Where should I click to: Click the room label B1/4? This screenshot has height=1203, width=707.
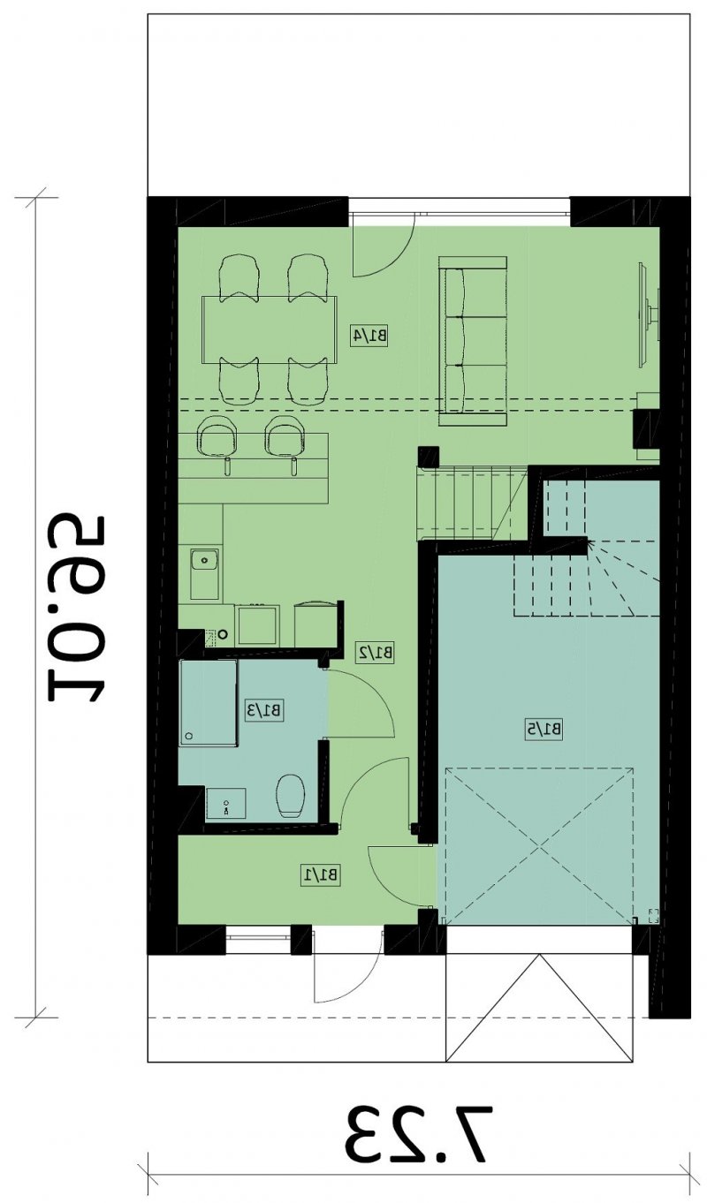[x=369, y=336]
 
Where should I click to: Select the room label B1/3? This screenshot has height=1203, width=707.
[x=264, y=710]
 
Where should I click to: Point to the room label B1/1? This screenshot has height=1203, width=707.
[x=321, y=874]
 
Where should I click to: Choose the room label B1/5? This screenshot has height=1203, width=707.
[x=544, y=730]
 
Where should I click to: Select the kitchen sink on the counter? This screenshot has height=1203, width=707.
[x=204, y=573]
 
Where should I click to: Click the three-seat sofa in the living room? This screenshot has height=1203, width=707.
[x=473, y=341]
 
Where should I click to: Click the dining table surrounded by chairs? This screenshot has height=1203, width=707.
[x=270, y=329]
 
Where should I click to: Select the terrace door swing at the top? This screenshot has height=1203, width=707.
[x=383, y=246]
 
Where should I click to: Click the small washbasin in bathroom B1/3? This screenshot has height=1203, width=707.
[x=226, y=804]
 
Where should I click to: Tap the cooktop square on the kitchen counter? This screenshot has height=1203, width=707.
[x=257, y=625]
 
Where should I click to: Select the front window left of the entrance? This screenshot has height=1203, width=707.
[x=258, y=938]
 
